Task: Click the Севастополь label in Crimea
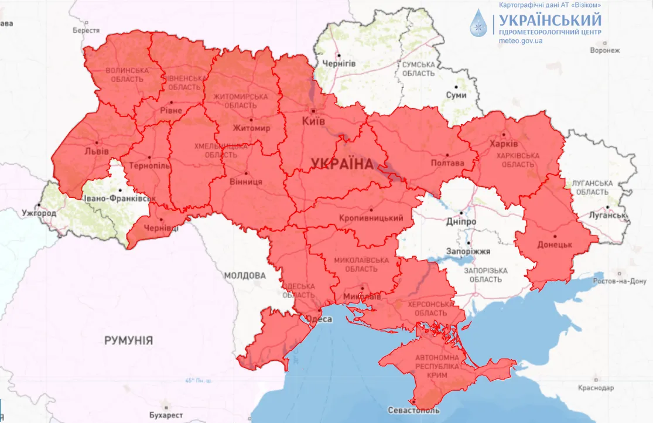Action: (413, 411)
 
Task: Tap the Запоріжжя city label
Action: (469, 252)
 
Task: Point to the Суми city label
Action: (456, 95)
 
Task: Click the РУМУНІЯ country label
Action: (128, 340)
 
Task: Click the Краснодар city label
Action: (595, 388)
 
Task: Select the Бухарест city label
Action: (166, 415)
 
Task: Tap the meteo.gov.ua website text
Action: (521, 41)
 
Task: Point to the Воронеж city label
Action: (604, 50)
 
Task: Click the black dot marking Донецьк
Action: (555, 237)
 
